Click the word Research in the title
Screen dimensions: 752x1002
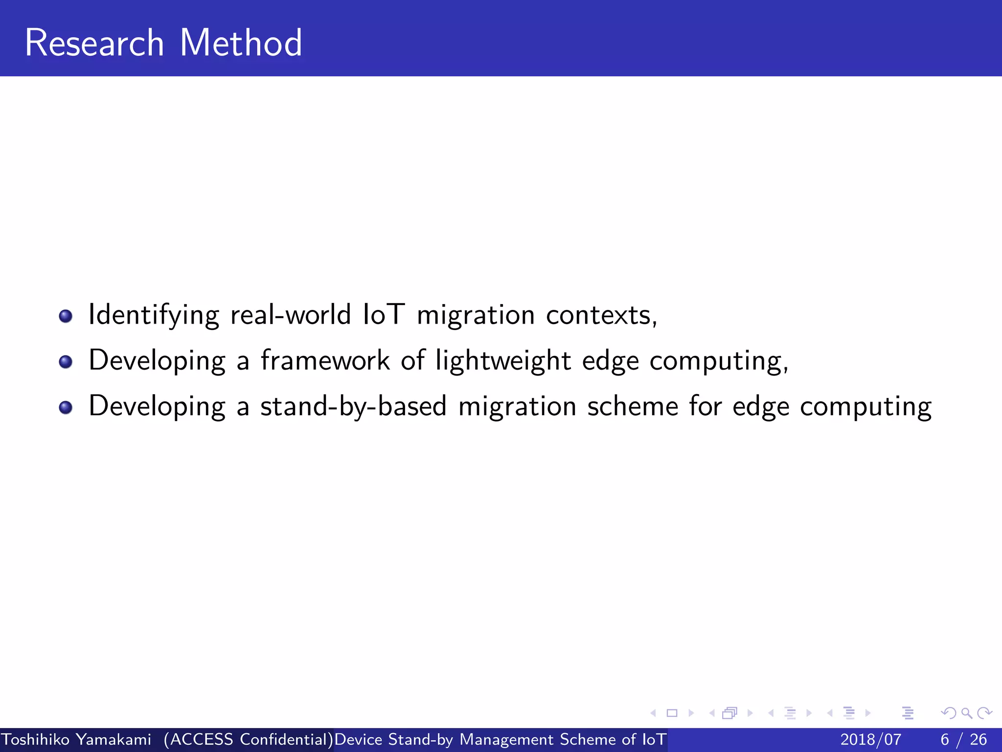tap(94, 43)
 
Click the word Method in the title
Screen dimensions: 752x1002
tap(241, 43)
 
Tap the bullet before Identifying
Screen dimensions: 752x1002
tap(66, 316)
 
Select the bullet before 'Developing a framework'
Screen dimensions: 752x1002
tap(66, 362)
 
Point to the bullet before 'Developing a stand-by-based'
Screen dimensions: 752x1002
tap(66, 407)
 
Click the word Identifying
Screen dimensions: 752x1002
tap(154, 315)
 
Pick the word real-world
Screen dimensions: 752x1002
tap(291, 314)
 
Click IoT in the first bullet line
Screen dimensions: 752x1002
tap(384, 314)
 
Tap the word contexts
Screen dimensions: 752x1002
tap(601, 315)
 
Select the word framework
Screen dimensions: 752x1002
tap(325, 360)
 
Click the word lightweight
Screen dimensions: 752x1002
tap(503, 361)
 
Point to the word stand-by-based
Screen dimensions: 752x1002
tap(353, 406)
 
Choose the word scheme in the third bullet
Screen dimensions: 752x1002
tap(632, 406)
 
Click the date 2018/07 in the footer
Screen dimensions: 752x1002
tap(870, 739)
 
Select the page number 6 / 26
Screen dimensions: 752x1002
tap(963, 739)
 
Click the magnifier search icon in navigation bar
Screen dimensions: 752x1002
tap(966, 713)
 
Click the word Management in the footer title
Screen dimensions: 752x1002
tap(506, 739)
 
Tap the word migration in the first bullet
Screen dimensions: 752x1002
tap(476, 315)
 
